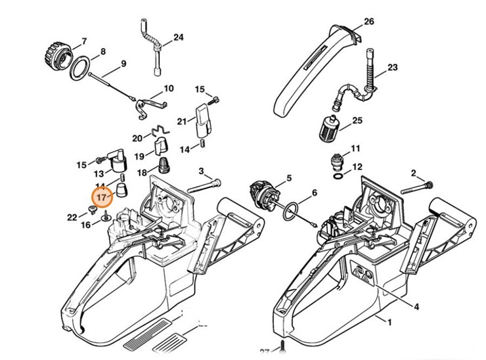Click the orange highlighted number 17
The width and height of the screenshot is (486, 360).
(x=102, y=196)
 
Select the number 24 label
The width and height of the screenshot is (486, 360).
(x=179, y=37)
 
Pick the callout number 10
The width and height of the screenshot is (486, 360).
(x=168, y=88)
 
